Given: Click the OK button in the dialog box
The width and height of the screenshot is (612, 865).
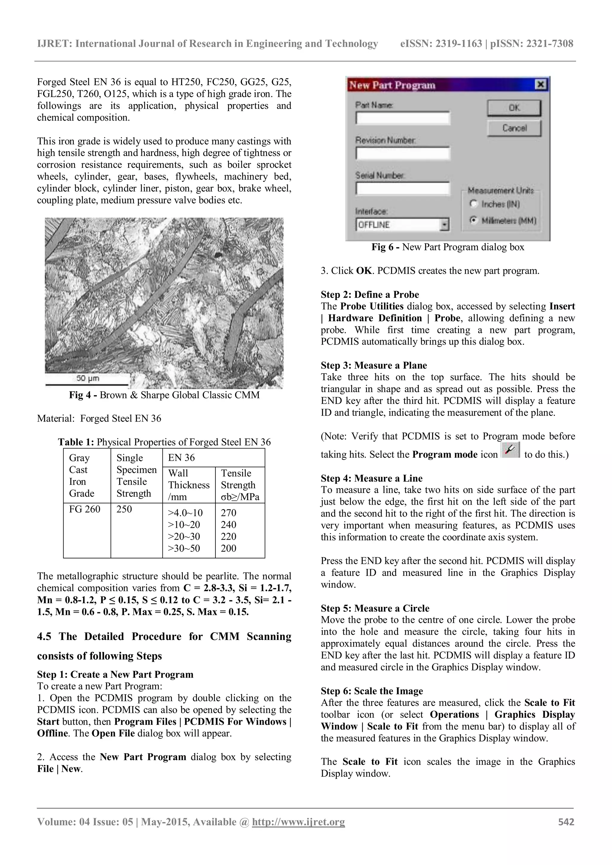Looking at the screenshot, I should click(x=514, y=108).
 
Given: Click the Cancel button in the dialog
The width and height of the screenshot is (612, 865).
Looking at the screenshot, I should click(x=514, y=128).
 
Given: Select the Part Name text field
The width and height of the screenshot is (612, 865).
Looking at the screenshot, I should click(x=403, y=118).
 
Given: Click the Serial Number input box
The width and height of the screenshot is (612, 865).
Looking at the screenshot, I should click(x=403, y=188).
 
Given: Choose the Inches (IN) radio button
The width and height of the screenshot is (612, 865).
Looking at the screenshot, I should click(x=473, y=204).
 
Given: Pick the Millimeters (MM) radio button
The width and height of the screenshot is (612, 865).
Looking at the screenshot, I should click(x=473, y=220).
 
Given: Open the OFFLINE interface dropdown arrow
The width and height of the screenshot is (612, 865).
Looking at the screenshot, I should click(x=445, y=225).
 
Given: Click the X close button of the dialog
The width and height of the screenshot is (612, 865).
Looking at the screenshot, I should click(x=540, y=85).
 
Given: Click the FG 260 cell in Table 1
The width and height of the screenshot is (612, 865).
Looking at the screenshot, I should click(x=85, y=509).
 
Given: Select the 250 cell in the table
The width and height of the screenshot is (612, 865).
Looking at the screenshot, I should click(x=124, y=509).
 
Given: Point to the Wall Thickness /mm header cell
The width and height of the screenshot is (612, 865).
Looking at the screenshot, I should click(x=189, y=485).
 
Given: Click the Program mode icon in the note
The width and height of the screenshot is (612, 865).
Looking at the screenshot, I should click(x=511, y=451).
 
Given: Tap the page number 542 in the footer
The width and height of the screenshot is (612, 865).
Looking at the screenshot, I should click(x=566, y=822).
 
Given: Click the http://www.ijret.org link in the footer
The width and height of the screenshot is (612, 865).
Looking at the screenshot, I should click(x=298, y=822).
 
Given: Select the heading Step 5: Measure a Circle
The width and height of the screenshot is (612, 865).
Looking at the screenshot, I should click(x=375, y=608).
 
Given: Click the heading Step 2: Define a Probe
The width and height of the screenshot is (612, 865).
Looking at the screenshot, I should click(x=370, y=295).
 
